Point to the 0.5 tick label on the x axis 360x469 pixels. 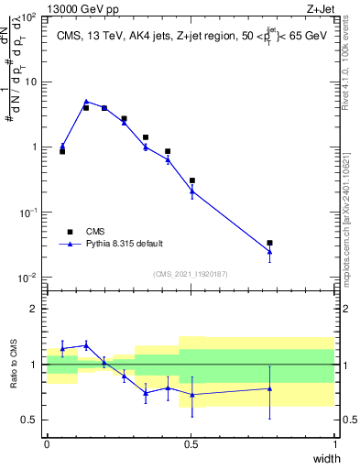click(x=191, y=444)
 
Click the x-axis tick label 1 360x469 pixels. click(x=335, y=444)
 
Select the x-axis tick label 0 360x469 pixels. click(x=47, y=444)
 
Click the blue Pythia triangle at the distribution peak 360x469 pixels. click(x=86, y=102)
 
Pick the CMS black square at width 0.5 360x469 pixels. click(x=191, y=180)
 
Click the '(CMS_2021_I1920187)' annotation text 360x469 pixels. click(x=191, y=274)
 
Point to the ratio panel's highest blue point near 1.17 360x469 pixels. click(x=86, y=344)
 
